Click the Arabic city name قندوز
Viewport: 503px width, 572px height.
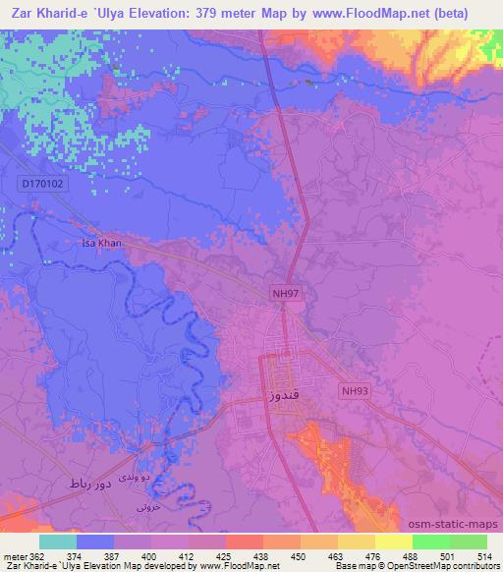pos(280,396)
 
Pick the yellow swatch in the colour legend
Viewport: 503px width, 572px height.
pos(394,542)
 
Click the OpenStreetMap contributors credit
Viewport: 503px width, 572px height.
pos(452,567)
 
